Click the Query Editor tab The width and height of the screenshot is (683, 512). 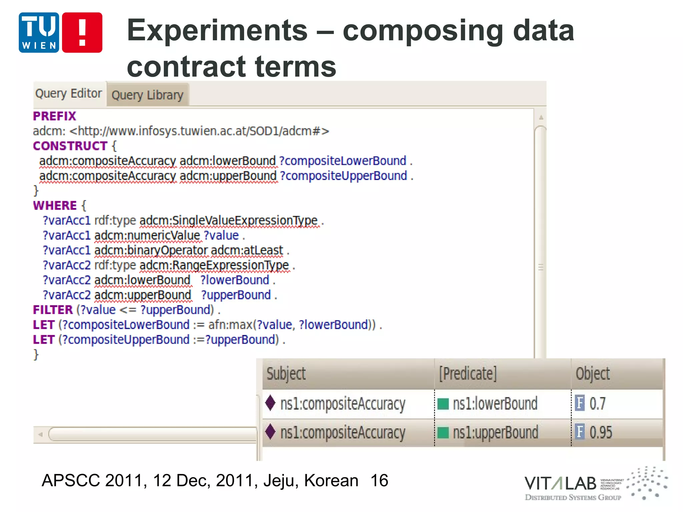click(68, 94)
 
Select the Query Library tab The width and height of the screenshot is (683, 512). click(147, 95)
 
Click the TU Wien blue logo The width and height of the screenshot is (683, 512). click(39, 33)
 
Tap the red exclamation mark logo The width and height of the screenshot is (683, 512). click(82, 33)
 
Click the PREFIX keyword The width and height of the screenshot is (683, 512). click(55, 116)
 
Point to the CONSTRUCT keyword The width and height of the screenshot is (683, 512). click(70, 146)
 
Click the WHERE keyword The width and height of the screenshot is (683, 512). click(55, 205)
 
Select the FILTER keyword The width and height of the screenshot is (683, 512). click(53, 310)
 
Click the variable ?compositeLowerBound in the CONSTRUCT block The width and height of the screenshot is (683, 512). click(343, 161)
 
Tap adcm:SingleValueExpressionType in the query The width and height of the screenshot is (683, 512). click(229, 221)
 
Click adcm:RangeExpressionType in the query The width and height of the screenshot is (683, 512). click(214, 265)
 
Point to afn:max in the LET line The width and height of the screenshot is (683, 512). click(230, 325)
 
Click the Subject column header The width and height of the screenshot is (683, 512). click(286, 374)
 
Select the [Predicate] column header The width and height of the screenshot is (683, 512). click(468, 374)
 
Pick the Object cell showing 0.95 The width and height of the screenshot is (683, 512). click(600, 432)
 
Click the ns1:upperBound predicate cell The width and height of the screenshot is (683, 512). click(495, 432)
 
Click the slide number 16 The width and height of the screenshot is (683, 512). click(379, 481)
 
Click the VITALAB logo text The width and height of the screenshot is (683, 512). click(560, 483)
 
